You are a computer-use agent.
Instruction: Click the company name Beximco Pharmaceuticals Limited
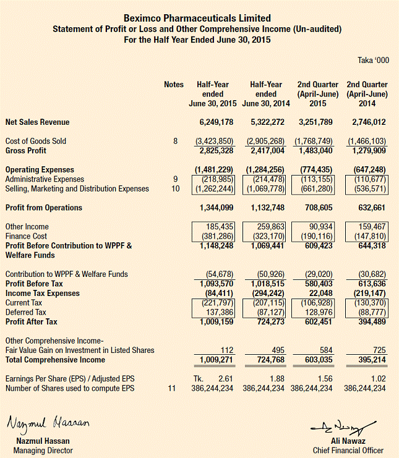coord(197,19)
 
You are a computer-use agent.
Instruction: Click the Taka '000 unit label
coord(374,60)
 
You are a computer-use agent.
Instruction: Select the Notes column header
coord(174,85)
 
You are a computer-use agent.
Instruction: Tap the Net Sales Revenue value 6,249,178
coord(217,122)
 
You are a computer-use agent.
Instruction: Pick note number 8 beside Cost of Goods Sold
coord(175,142)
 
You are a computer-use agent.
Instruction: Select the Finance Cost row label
coord(27,236)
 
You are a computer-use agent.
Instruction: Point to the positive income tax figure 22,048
coord(322,294)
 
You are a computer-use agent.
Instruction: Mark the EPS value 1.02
coord(377,378)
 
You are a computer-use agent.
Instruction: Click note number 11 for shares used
coord(173,388)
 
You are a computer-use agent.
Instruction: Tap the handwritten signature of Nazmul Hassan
coord(48,424)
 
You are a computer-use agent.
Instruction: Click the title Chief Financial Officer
coord(348,450)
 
